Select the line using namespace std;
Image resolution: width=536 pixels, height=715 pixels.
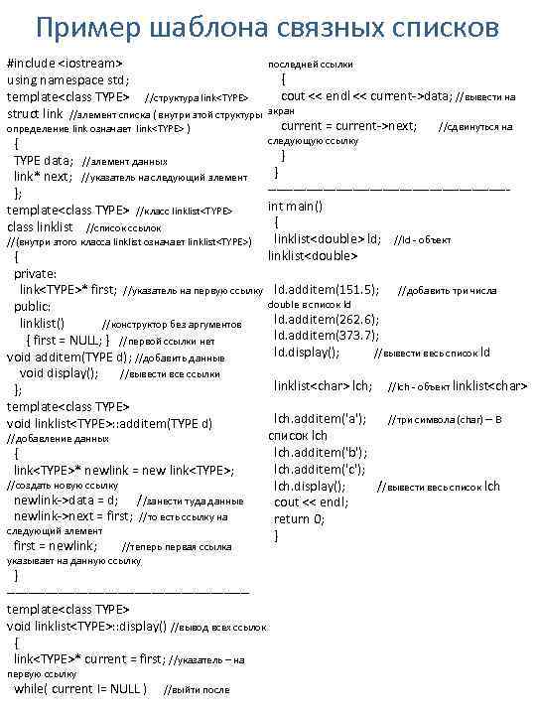point(68,80)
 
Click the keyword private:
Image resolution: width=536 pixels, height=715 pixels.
point(36,274)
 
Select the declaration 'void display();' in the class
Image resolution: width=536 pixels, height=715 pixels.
point(59,373)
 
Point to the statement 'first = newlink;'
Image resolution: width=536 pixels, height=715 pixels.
point(56,545)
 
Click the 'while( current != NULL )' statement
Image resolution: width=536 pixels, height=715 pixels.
point(80,689)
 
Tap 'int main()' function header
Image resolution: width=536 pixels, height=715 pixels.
point(296,207)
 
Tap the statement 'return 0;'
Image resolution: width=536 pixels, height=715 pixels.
point(299,518)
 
